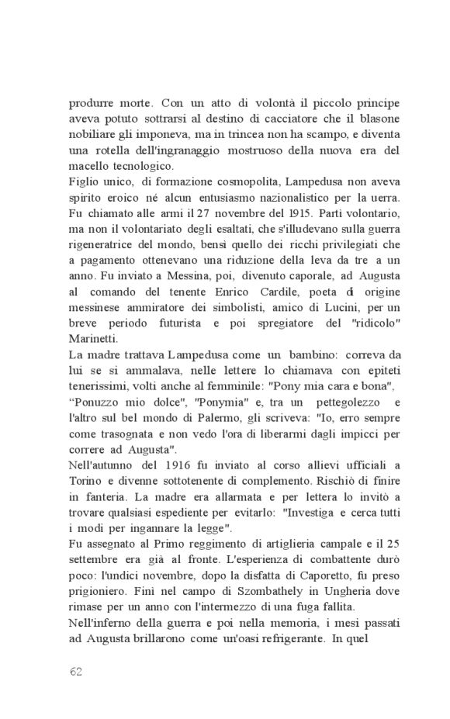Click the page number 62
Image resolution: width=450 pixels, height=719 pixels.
pyautogui.click(x=75, y=671)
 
